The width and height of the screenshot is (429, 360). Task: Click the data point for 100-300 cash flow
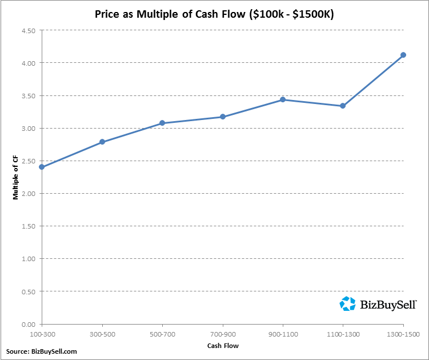[42, 167]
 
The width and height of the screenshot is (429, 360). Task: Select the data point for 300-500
[102, 142]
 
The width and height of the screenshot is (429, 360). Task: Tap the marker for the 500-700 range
[162, 123]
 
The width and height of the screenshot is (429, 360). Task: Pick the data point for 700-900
[223, 117]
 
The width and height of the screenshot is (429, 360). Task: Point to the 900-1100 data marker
[283, 99]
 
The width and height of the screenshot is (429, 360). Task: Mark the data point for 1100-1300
[343, 106]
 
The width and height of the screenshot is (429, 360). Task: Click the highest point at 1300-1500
[403, 55]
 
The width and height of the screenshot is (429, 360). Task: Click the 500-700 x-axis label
[162, 333]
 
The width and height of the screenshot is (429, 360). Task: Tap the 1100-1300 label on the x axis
[343, 333]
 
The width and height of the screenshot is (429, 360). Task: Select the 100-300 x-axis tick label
[42, 333]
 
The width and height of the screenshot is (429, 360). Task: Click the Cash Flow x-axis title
[223, 346]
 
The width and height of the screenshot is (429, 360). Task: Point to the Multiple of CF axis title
[17, 177]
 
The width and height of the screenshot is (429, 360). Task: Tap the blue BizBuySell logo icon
[347, 303]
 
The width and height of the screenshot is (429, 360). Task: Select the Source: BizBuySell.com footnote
[41, 351]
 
